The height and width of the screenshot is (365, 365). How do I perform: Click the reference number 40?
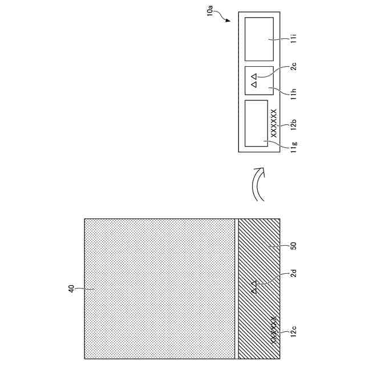click(x=72, y=290)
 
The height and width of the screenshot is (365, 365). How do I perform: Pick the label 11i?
click(x=293, y=38)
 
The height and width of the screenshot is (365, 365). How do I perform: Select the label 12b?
click(x=293, y=123)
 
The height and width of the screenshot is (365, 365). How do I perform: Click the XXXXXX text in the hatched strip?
click(x=274, y=330)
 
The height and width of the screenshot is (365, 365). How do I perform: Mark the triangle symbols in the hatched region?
click(x=254, y=288)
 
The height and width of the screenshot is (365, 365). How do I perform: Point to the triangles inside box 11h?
click(x=254, y=80)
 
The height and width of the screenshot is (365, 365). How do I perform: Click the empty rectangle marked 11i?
click(x=259, y=39)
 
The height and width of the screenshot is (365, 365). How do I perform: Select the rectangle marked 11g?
click(x=256, y=123)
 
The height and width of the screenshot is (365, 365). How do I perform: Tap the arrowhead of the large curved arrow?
click(x=259, y=170)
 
